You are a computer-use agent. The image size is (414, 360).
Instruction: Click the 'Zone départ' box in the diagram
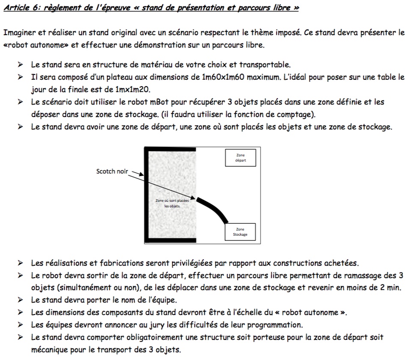tap(240, 158)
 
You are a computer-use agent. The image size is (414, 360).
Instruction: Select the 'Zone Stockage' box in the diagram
tap(240, 232)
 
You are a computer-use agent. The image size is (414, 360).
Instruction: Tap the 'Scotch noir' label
tap(112, 171)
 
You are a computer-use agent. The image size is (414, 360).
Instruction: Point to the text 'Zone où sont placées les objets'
tap(172, 204)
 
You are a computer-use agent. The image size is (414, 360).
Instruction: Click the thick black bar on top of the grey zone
tap(170, 149)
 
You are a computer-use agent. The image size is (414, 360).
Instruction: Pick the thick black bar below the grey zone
tap(170, 240)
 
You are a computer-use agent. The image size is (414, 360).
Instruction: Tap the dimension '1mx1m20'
tap(132, 90)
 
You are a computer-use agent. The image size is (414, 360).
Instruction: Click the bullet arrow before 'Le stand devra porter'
tap(20, 300)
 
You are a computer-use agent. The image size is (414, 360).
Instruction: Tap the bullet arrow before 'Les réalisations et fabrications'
tap(20, 263)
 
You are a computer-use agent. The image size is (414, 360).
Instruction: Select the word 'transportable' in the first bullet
tap(264, 65)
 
